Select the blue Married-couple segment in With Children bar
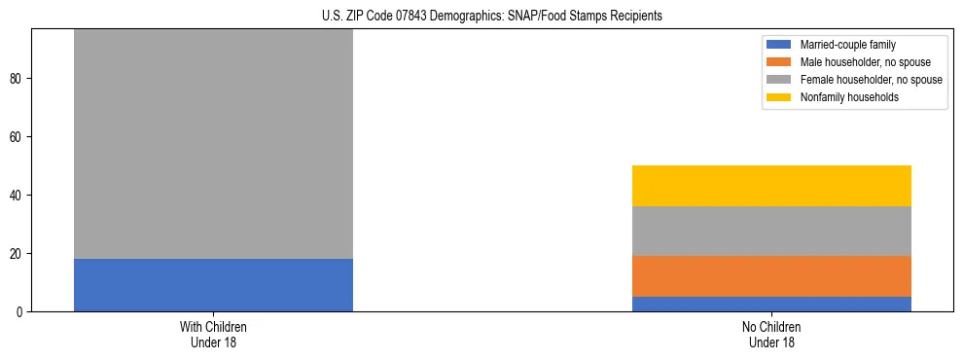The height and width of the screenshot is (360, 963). point(213,285)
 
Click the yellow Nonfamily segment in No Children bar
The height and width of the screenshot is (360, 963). point(771,186)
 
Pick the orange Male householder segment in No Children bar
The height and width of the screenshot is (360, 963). point(771,276)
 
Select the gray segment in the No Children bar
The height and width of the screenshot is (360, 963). point(771,232)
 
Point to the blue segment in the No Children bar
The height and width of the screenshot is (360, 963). point(771,305)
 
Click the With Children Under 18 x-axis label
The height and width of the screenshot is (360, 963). point(213,335)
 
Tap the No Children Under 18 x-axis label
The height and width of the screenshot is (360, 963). point(771,335)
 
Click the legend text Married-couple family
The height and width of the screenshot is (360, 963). point(847,45)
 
